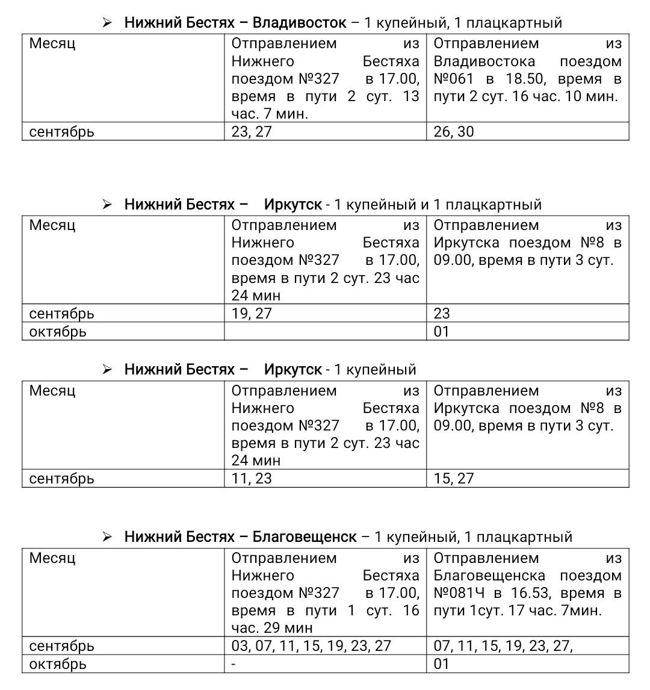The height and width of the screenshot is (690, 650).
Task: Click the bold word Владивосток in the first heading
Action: pos(299,23)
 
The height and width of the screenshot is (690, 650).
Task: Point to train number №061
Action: pos(450,79)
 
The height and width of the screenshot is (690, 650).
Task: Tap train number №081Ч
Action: pos(459,593)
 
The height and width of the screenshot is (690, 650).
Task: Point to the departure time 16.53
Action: pos(530,593)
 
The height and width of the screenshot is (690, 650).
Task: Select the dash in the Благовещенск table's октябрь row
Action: pos(234,664)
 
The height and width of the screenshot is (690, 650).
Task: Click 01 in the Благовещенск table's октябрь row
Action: pos(442,664)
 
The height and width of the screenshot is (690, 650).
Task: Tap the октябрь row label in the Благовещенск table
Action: pos(58,664)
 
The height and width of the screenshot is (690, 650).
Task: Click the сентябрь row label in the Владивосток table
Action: pos(62,132)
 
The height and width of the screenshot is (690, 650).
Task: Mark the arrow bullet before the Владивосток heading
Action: pos(107,23)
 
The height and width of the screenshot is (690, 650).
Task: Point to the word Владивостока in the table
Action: pos(484,61)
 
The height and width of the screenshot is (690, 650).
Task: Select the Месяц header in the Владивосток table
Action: pos(52,44)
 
